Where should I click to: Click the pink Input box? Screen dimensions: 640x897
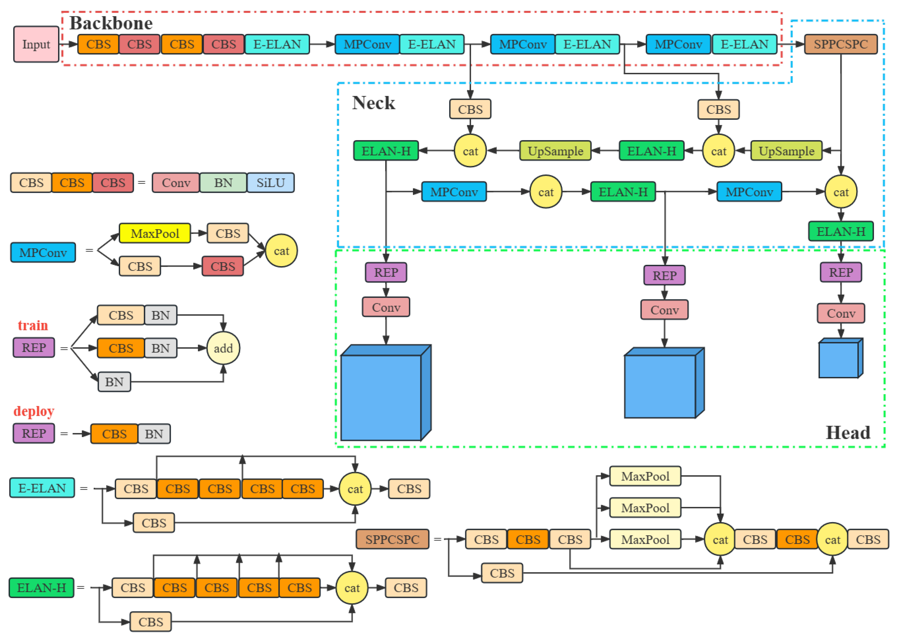click(36, 44)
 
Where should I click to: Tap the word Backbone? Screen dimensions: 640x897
click(111, 23)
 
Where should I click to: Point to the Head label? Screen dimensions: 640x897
click(847, 433)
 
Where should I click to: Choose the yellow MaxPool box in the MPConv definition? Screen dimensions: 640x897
click(155, 233)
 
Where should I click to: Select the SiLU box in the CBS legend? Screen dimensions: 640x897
click(270, 183)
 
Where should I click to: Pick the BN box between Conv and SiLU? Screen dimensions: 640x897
click(223, 183)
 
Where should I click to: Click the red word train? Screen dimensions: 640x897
click(33, 326)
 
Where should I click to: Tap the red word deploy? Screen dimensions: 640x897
click(34, 411)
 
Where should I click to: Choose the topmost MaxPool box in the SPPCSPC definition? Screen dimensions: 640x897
click(645, 476)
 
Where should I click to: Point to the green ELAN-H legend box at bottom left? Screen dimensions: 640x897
click(41, 588)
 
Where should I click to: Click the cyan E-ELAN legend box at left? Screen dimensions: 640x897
click(42, 488)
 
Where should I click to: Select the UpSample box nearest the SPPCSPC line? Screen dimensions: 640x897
click(786, 151)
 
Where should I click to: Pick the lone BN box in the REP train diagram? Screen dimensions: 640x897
click(114, 381)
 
